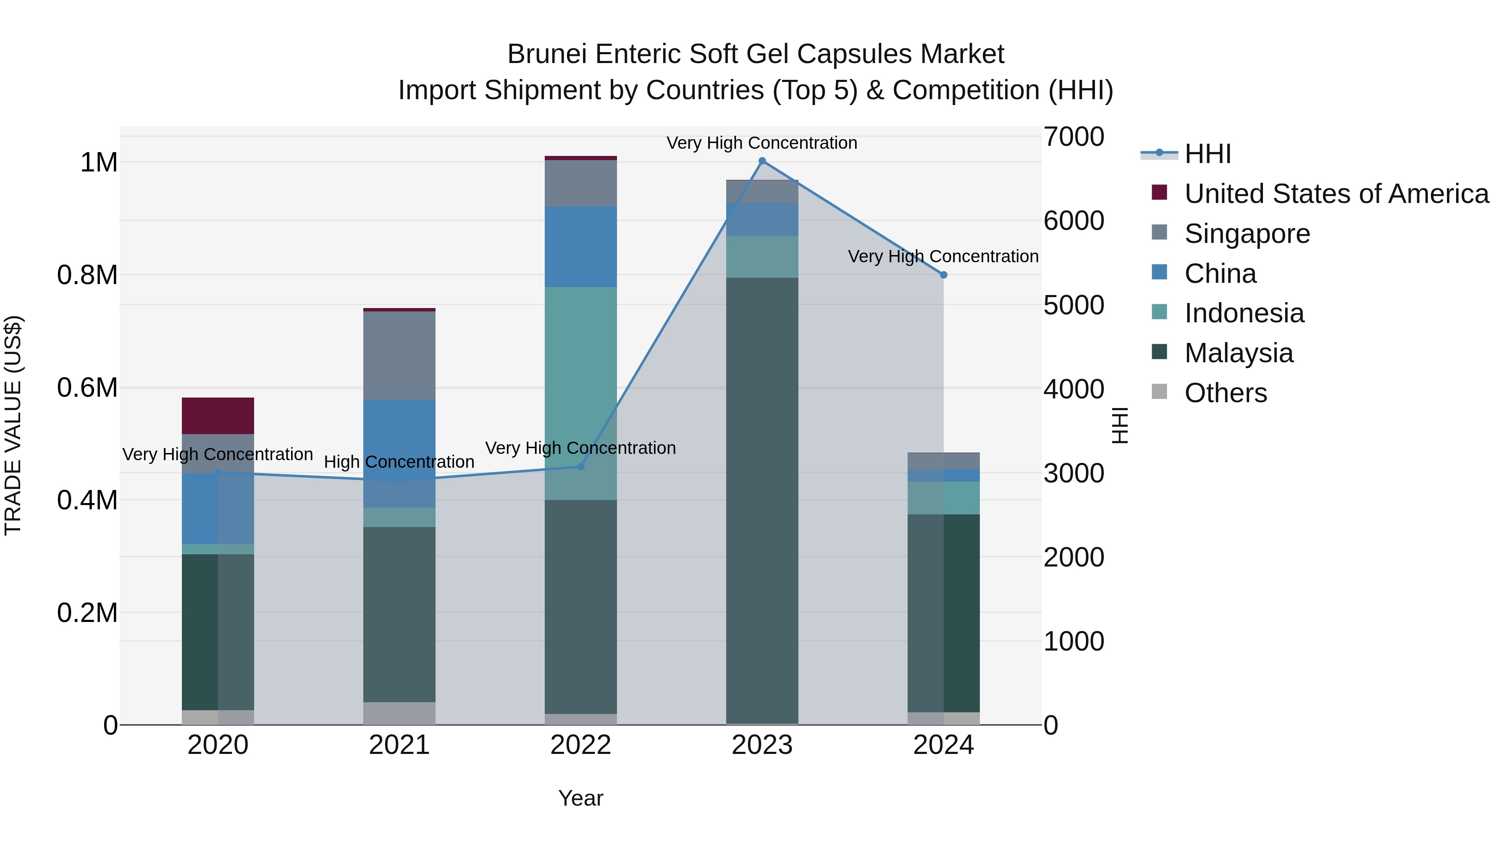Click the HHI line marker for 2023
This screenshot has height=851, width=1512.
762,161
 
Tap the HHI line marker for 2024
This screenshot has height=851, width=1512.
943,275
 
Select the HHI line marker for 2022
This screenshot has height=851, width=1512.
580,466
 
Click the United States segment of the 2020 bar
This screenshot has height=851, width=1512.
218,416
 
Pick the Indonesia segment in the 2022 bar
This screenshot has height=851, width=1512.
580,393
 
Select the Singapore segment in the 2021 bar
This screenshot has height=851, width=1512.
399,355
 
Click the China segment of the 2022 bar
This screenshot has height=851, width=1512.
580,247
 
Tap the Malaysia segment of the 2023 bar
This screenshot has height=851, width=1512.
762,499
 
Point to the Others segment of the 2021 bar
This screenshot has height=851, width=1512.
399,713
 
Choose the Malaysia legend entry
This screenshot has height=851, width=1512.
1239,353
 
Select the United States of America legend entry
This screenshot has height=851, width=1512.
1336,194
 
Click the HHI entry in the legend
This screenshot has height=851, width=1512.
1207,154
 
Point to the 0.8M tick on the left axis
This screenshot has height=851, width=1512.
87,275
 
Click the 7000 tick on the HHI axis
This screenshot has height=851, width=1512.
1074,137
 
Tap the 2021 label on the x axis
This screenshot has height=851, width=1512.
399,745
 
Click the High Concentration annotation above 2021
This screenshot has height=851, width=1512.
399,462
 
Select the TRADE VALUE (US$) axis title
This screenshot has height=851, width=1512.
13,425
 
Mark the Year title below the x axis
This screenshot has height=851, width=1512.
580,798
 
